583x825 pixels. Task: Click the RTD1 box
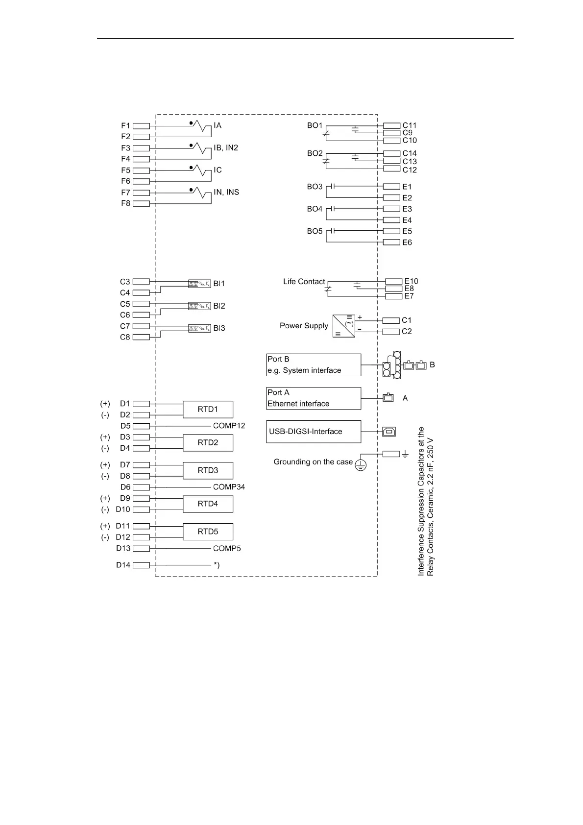tap(208, 409)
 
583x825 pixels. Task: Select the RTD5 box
tap(208, 532)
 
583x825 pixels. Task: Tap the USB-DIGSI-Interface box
tap(314, 432)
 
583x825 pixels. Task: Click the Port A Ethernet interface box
tap(314, 398)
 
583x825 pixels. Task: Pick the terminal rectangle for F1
tap(141, 126)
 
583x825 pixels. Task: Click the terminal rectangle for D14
tap(141, 565)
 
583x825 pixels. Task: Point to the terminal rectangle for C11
tap(391, 125)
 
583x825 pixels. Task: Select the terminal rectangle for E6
tap(391, 243)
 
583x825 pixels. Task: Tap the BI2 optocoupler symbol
tap(199, 306)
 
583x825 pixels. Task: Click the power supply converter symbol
tap(343, 326)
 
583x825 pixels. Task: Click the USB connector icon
tap(389, 432)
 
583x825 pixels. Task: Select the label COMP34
tap(229, 487)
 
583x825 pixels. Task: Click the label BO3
tap(315, 187)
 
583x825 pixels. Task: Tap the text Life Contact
tap(304, 282)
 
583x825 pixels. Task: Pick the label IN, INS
tap(226, 192)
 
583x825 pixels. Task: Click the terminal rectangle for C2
tap(391, 332)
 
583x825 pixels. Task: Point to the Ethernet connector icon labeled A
tap(389, 398)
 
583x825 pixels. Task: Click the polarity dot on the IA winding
tap(191, 123)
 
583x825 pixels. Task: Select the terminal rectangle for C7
tap(141, 326)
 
